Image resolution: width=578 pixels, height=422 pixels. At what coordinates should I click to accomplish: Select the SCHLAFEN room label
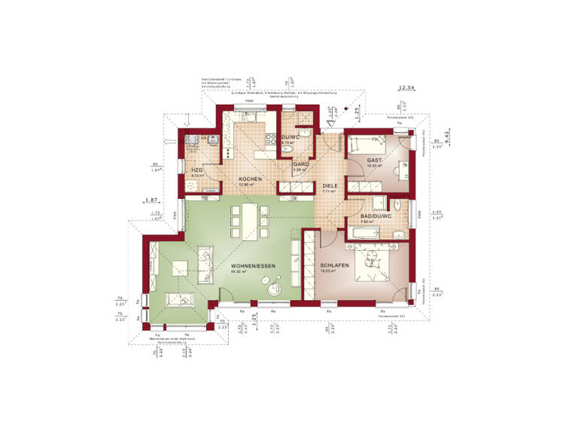pos(333,266)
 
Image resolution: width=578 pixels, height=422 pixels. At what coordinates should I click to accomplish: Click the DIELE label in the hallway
pos(330,185)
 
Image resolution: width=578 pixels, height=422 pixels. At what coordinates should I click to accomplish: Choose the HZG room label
pos(197,170)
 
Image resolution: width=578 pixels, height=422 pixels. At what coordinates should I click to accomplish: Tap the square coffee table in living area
pos(181,268)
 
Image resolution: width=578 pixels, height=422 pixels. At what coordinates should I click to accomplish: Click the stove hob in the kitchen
pos(272,138)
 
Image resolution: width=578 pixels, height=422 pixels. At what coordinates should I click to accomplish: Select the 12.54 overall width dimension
pos(407,88)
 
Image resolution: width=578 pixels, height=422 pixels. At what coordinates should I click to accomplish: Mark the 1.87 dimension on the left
pos(151,200)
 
